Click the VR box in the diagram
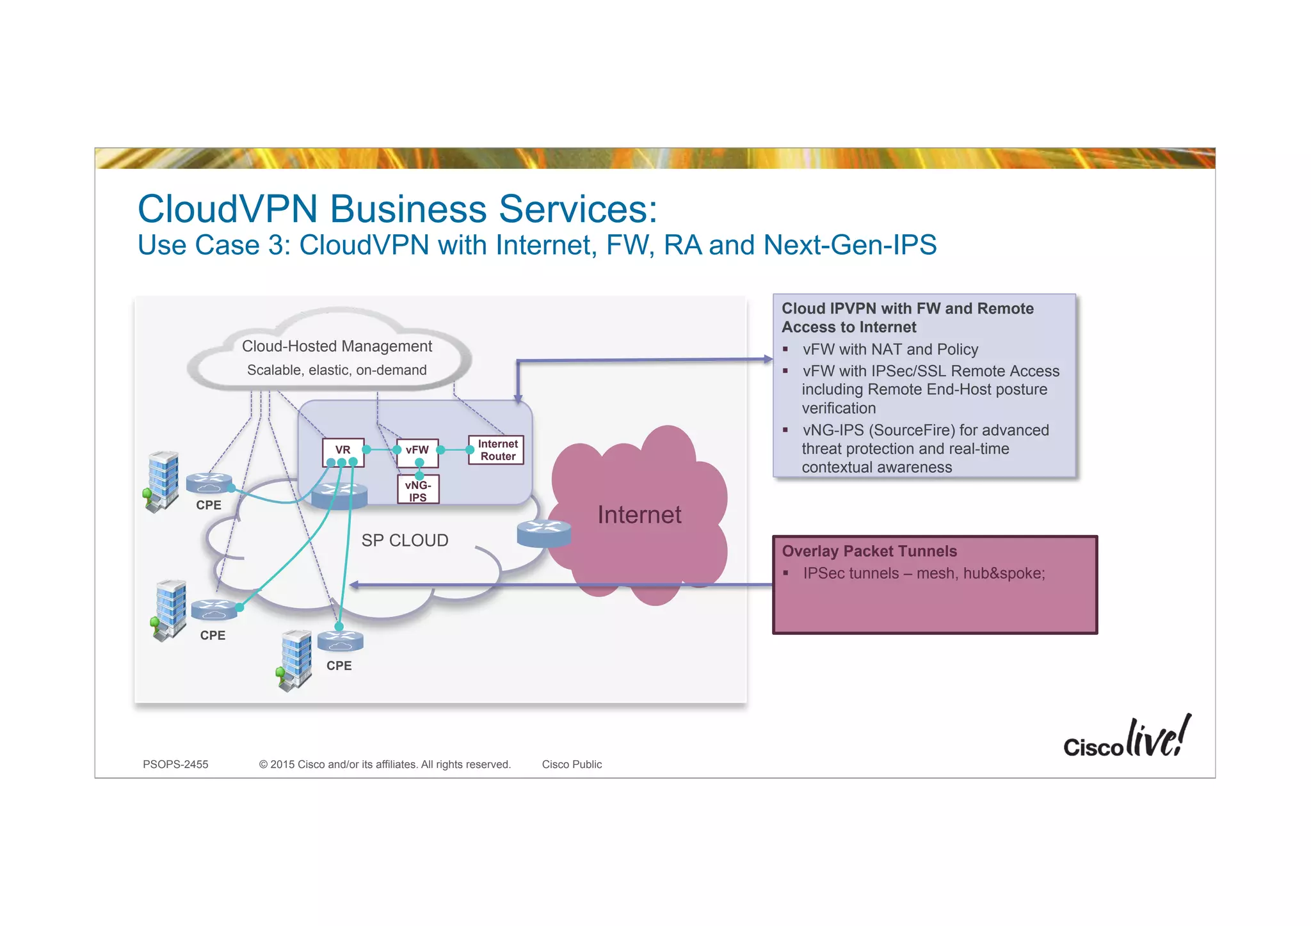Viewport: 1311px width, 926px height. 343,450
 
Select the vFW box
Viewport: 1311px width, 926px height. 417,450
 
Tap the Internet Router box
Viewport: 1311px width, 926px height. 497,450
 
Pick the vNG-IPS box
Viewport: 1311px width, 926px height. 418,491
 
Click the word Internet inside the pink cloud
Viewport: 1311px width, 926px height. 639,515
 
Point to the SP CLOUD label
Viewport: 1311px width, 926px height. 405,541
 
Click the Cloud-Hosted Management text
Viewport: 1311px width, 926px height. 337,346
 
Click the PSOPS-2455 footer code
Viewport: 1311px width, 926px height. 175,764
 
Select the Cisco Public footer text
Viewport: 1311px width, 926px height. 572,764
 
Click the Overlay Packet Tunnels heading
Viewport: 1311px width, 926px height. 869,551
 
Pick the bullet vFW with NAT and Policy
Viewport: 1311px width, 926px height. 890,349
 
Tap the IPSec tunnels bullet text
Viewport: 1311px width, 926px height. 924,573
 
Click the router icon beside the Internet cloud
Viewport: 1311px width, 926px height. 543,533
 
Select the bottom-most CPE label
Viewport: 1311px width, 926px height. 339,666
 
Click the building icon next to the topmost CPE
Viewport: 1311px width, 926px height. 163,481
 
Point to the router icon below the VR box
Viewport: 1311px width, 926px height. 339,495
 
